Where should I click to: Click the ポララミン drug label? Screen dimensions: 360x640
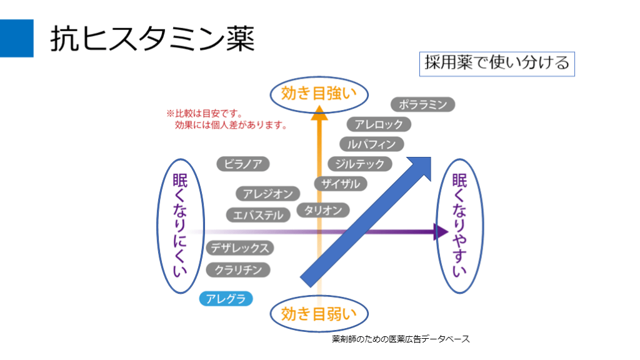(x=423, y=104)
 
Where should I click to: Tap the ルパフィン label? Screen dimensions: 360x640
(x=372, y=144)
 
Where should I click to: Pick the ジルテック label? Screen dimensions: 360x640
(x=360, y=164)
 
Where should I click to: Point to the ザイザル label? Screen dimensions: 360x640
(x=341, y=184)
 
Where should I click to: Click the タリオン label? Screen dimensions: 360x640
(x=323, y=210)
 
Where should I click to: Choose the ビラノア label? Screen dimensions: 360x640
(x=243, y=164)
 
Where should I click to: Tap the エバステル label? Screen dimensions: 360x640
(x=258, y=215)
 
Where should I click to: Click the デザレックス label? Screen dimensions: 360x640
(x=241, y=248)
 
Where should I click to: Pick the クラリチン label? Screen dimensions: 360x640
(x=238, y=270)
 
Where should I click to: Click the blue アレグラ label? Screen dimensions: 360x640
(x=226, y=299)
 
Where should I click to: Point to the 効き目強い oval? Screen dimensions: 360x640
(x=319, y=94)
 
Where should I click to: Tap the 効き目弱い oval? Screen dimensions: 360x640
(x=319, y=313)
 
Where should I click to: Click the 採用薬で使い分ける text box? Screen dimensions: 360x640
(x=496, y=62)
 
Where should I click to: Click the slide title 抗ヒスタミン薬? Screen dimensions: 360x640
(x=152, y=39)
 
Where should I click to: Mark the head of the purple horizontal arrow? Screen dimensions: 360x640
(x=441, y=232)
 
